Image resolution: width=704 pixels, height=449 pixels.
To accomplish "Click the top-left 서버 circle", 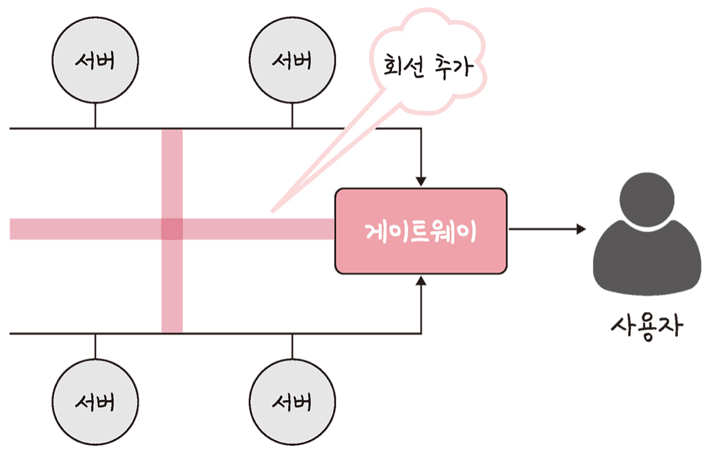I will (x=95, y=62).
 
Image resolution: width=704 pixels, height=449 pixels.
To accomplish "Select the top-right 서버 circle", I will (x=292, y=62).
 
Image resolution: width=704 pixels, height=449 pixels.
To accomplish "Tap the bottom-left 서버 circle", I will (x=95, y=401).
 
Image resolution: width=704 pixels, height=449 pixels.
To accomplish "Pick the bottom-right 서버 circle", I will (x=292, y=401).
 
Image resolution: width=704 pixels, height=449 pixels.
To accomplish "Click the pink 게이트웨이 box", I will (x=421, y=231).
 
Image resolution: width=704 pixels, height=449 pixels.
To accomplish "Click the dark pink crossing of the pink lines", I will (x=172, y=229).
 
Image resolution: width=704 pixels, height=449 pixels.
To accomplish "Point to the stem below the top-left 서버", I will (x=95, y=116).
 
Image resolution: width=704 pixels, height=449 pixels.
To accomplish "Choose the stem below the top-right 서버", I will (x=292, y=116).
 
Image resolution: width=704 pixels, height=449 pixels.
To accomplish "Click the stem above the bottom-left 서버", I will (x=95, y=346).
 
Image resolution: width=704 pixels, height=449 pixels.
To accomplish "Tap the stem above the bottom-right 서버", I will (x=292, y=346).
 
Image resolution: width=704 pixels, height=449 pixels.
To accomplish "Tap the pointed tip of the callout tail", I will (x=272, y=211).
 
